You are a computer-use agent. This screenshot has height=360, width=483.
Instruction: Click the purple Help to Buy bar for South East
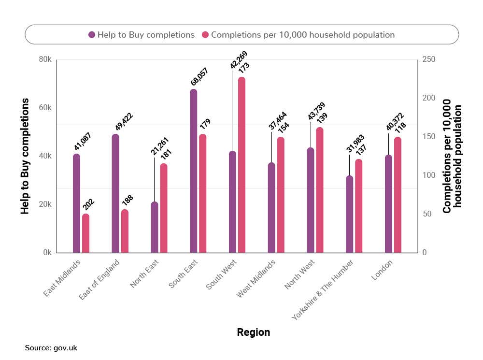tap(193, 172)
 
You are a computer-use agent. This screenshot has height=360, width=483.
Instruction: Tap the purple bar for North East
tap(155, 227)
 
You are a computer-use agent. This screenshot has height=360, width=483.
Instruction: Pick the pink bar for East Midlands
tap(85, 233)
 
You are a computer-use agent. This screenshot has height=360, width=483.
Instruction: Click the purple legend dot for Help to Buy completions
tap(91, 35)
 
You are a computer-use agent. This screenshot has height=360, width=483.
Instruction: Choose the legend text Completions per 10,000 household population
tap(303, 35)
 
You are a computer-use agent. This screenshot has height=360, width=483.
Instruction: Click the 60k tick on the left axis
tap(45, 108)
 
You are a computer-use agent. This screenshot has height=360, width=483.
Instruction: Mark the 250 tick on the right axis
tap(429, 59)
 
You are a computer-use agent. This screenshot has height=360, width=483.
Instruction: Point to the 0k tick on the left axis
tap(47, 253)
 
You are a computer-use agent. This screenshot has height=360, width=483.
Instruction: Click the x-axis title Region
tap(254, 332)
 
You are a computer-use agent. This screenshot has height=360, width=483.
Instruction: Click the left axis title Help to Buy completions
tap(25, 156)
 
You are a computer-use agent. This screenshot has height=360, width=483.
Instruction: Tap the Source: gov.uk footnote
tap(51, 347)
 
